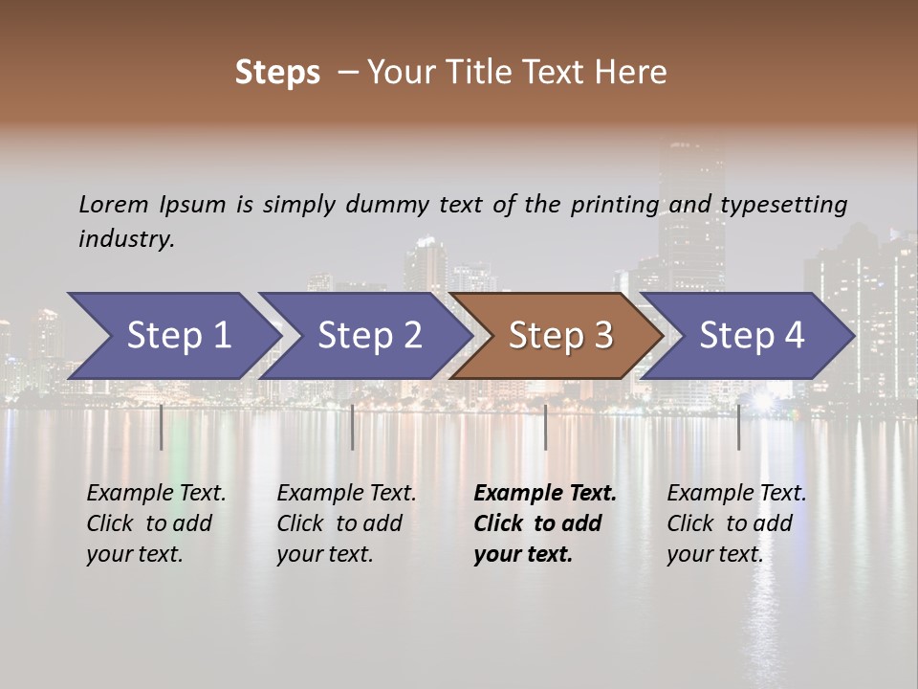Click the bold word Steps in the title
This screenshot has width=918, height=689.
pos(277,73)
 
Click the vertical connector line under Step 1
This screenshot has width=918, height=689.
pos(162,427)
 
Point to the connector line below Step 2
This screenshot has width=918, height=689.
pos(353,427)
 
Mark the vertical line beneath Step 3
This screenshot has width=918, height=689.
pos(545,427)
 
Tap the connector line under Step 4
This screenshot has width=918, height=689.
pos(738,427)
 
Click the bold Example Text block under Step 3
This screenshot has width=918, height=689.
pos(544,523)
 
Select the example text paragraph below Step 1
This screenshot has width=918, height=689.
pos(156,523)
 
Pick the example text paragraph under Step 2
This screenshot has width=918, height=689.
pos(346,523)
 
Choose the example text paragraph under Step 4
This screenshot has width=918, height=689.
pos(736,523)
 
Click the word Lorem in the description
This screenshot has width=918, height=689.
pos(114,205)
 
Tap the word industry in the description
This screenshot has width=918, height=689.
pos(126,239)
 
